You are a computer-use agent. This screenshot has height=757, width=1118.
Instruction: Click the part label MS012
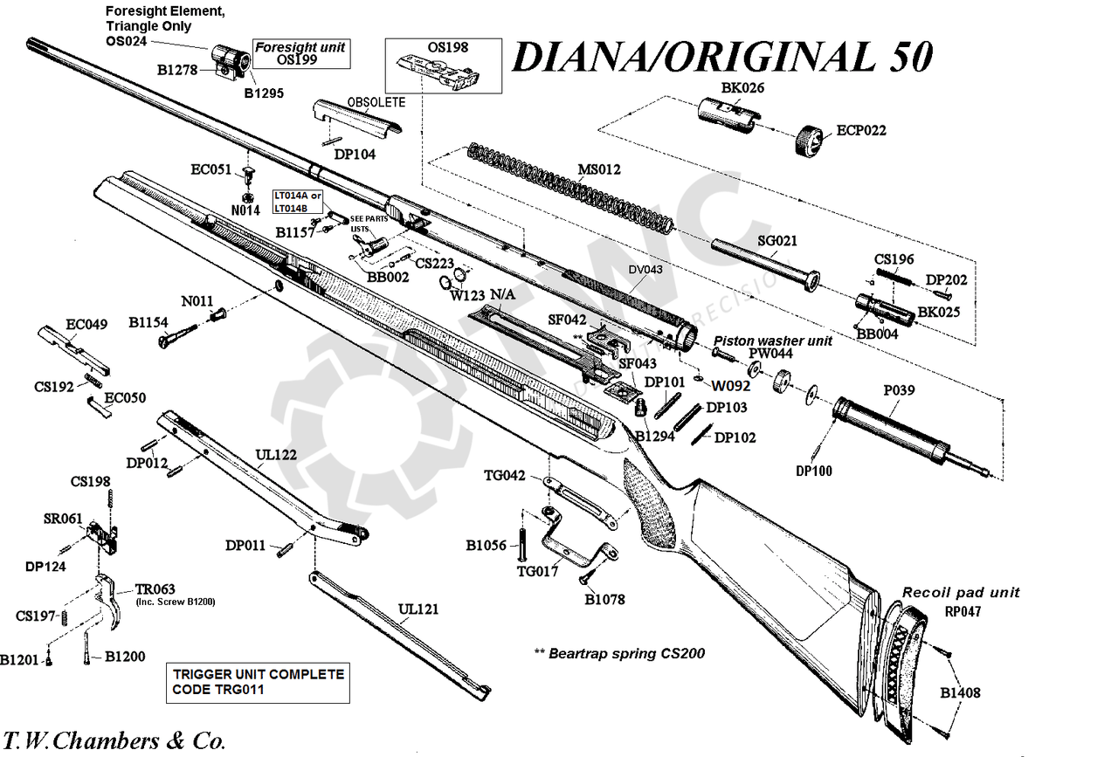pyautogui.click(x=599, y=169)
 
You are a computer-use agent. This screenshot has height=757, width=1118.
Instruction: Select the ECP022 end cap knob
pyautogui.click(x=811, y=140)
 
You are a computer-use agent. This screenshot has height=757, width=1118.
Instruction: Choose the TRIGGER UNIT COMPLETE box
pyautogui.click(x=258, y=682)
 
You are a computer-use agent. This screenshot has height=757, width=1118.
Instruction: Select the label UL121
pyautogui.click(x=418, y=609)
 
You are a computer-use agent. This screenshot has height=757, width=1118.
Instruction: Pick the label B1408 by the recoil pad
pyautogui.click(x=960, y=693)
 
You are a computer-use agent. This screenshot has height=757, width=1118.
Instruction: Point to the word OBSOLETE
pyautogui.click(x=376, y=102)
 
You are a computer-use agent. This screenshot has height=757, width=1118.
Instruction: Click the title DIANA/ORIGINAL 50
pyautogui.click(x=721, y=57)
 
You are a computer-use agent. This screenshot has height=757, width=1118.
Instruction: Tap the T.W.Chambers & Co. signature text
pyautogui.click(x=114, y=741)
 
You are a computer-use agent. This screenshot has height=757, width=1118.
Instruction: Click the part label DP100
pyautogui.click(x=813, y=471)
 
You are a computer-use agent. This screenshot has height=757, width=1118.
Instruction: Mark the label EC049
pyautogui.click(x=86, y=325)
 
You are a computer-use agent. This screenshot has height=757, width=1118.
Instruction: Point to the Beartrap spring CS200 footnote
pyautogui.click(x=618, y=653)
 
